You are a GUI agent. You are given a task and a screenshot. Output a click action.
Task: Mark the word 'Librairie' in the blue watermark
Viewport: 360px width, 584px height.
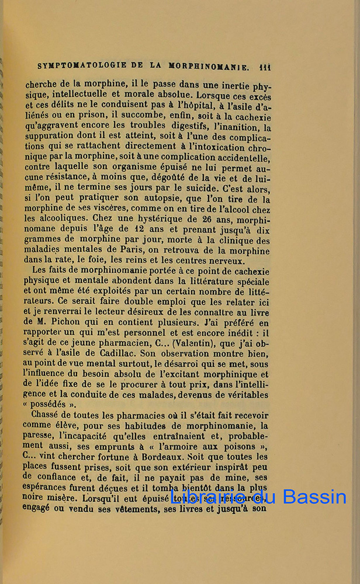[210, 497]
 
